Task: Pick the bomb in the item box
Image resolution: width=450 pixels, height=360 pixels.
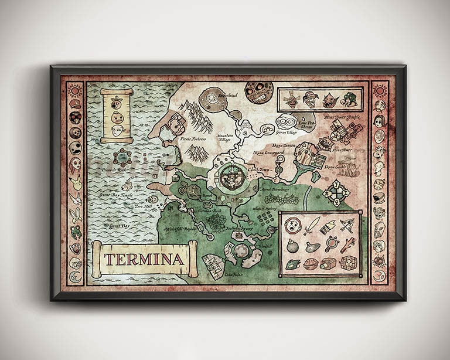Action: tap(292, 245)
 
